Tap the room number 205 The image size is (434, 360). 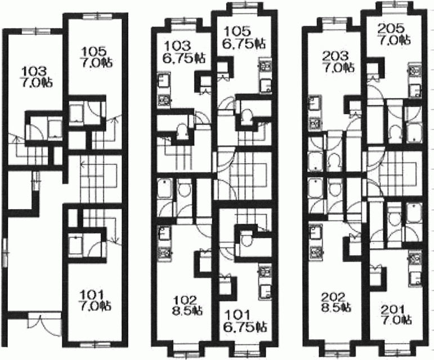391,29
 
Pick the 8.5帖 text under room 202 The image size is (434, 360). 335,307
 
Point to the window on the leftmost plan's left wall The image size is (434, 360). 5,253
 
